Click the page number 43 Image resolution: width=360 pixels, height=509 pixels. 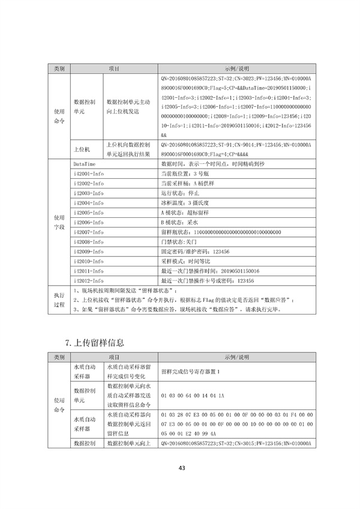[181, 468]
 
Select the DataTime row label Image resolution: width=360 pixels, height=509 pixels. [85, 163]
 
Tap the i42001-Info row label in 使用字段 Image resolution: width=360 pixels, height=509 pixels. [88, 173]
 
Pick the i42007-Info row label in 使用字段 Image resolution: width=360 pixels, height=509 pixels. [88, 232]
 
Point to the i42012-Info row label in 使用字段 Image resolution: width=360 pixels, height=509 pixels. [88, 280]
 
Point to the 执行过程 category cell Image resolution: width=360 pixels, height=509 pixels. [59, 300]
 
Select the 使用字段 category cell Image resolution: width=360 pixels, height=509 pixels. [59, 221]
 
